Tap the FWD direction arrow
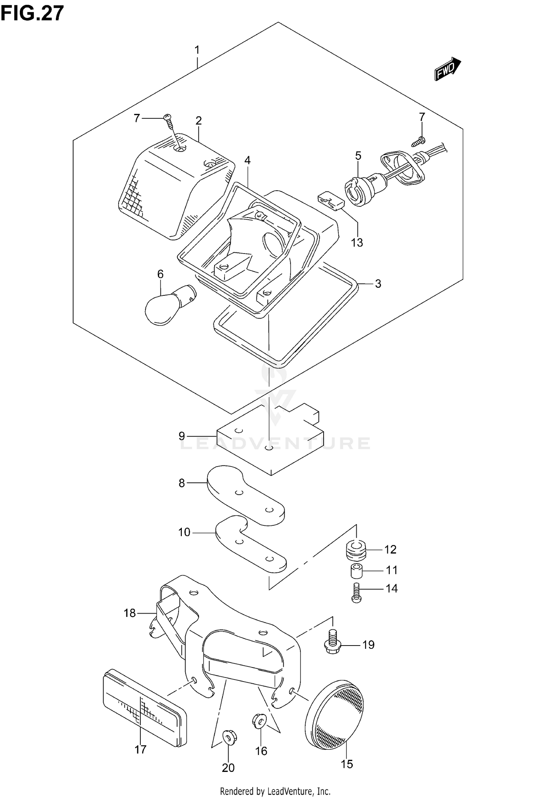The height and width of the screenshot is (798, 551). click(x=447, y=69)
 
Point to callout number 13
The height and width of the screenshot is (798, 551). click(x=357, y=242)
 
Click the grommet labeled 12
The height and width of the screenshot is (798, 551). click(x=356, y=550)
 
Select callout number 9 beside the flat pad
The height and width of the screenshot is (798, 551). click(x=182, y=436)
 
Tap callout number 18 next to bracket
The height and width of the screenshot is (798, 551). click(x=130, y=613)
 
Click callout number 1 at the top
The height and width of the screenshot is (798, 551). click(x=197, y=50)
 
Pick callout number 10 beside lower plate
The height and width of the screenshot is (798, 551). click(x=184, y=532)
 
